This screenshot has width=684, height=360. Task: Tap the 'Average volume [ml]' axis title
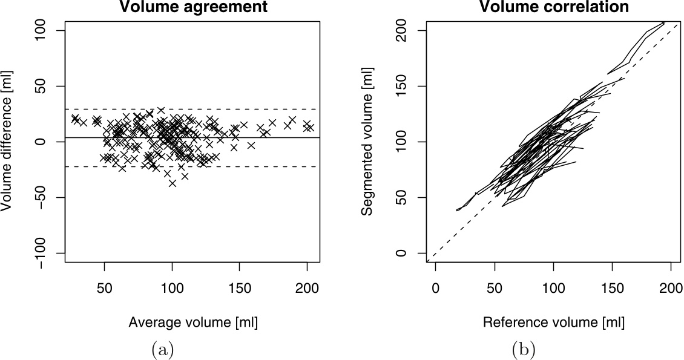193,322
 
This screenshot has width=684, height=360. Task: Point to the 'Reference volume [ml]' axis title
553,322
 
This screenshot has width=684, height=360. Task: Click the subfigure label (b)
524,349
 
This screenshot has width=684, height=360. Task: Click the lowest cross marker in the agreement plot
173,183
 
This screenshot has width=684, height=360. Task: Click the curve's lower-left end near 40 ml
457,210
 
